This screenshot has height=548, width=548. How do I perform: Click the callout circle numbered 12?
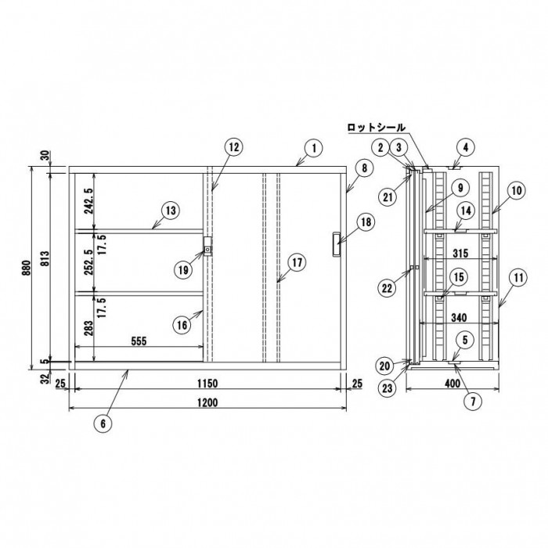[234, 147]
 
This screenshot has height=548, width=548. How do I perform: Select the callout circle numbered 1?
[314, 148]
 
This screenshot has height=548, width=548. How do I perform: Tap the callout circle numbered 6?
[103, 424]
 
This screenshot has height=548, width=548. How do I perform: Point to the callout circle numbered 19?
[183, 269]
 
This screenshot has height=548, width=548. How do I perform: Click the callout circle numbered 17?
[297, 262]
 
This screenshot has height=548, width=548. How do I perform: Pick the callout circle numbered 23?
[388, 388]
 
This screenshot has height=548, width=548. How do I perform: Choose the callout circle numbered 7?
[473, 401]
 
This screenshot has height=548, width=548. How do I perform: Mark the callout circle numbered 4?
[466, 147]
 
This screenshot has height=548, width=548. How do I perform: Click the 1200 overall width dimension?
[207, 403]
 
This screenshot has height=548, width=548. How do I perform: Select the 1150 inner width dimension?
[207, 384]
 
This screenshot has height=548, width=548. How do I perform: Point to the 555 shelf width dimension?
[139, 341]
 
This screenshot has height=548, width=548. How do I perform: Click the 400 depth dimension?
[452, 384]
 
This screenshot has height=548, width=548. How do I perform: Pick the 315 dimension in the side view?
[460, 253]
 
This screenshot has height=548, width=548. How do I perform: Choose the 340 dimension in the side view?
[459, 317]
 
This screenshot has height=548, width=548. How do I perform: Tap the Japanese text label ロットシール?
[377, 128]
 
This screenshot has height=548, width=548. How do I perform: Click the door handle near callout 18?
[336, 244]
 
